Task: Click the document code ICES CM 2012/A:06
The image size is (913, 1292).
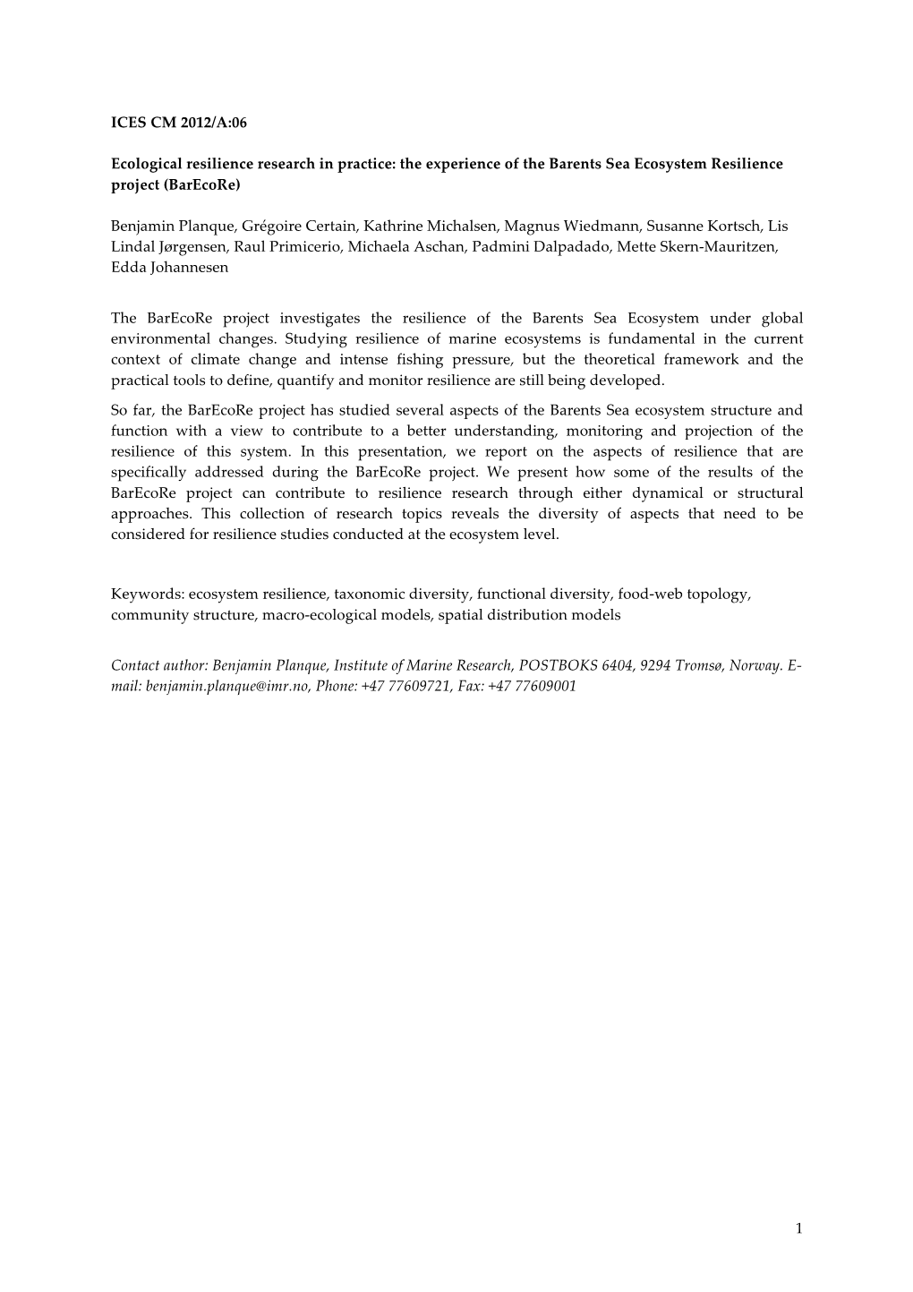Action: pyautogui.click(x=178, y=124)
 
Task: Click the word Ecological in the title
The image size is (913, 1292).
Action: pyautogui.click(x=145, y=165)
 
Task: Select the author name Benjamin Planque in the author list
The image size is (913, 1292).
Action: pyautogui.click(x=166, y=227)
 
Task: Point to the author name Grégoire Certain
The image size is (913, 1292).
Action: pyautogui.click(x=297, y=227)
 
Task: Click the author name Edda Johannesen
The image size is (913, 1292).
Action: pyautogui.click(x=169, y=268)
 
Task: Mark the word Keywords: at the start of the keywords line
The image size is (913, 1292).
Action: pyautogui.click(x=147, y=595)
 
